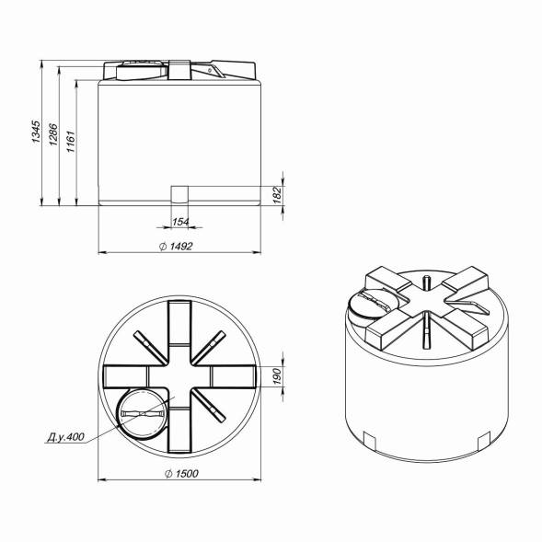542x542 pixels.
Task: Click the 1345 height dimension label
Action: [x=36, y=132]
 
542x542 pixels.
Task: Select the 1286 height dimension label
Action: [x=53, y=134]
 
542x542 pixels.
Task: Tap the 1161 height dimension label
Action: [x=71, y=142]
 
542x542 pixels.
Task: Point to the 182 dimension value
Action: [x=278, y=195]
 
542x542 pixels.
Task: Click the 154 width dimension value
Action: [x=180, y=222]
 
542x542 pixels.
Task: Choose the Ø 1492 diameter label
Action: [x=176, y=246]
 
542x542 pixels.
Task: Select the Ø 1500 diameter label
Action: [x=181, y=474]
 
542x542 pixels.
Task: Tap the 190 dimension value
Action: [x=278, y=376]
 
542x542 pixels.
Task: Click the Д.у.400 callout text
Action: [x=65, y=437]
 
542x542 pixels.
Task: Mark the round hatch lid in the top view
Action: [x=143, y=414]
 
